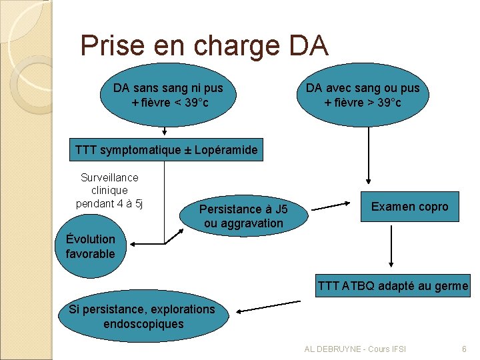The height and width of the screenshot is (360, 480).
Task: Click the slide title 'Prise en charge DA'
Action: (204, 45)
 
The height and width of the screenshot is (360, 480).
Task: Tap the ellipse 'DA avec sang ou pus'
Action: (363, 95)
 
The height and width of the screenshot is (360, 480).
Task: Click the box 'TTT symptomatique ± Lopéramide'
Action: (166, 150)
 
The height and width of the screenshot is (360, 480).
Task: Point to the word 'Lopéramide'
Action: (226, 150)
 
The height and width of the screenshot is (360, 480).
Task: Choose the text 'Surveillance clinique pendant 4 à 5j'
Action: (109, 190)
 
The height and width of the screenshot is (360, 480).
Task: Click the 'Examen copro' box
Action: (409, 207)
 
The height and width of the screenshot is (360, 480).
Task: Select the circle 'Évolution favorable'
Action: (90, 246)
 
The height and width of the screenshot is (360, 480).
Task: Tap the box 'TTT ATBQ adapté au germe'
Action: (393, 287)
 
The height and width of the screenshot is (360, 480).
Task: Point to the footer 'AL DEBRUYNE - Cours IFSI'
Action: (355, 349)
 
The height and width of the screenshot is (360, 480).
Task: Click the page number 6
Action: (464, 349)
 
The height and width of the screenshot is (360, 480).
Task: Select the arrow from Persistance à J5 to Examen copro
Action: (339, 206)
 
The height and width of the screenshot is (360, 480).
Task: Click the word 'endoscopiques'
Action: (144, 324)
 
